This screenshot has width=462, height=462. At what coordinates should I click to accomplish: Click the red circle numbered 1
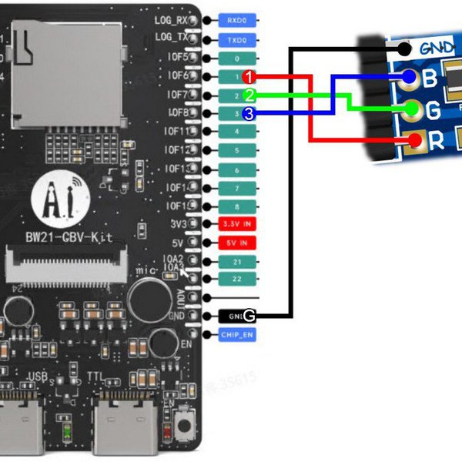click(x=249, y=77)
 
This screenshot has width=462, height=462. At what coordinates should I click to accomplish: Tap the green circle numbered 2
click(x=249, y=95)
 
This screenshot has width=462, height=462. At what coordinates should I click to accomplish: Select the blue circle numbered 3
click(x=249, y=114)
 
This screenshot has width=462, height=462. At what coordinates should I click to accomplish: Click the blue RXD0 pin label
click(x=237, y=21)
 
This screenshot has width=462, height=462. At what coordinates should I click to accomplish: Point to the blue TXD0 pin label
click(x=237, y=39)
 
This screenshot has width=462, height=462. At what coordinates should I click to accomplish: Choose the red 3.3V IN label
click(x=237, y=224)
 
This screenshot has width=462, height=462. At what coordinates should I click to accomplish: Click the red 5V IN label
click(x=237, y=243)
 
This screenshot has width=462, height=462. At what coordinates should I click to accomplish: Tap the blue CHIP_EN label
click(x=237, y=335)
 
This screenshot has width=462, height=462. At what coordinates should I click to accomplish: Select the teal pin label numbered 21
click(x=237, y=262)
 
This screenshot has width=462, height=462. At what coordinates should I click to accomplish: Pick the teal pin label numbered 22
click(x=237, y=279)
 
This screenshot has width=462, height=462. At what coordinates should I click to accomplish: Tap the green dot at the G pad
click(x=413, y=109)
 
